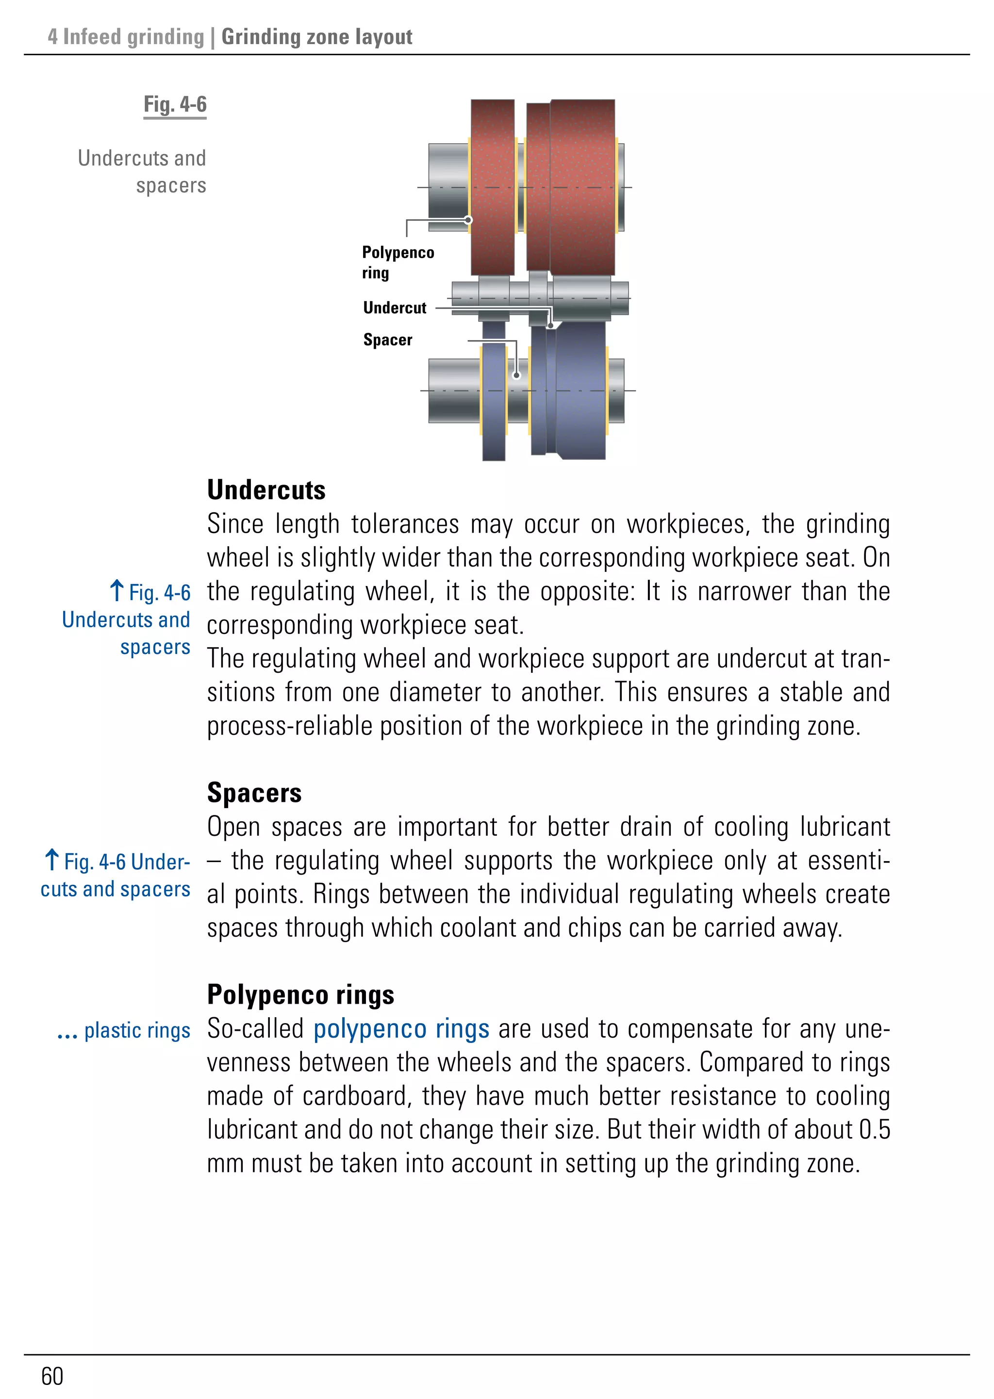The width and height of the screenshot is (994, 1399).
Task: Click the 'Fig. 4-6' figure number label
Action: pos(175,105)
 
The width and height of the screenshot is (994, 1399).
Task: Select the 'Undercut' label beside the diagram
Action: pos(394,308)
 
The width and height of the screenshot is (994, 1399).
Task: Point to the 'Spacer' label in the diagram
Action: pos(387,340)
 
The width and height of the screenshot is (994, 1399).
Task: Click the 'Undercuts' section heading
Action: pos(266,490)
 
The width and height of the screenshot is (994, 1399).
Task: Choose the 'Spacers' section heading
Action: pos(254,793)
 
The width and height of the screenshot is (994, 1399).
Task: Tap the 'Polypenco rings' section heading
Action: pos(300,994)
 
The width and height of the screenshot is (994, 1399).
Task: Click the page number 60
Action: pos(52,1376)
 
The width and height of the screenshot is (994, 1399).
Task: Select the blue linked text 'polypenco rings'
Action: pos(401,1029)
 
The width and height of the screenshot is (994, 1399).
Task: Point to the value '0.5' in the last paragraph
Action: pos(874,1130)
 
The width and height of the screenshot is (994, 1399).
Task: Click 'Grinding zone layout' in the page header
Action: pos(316,37)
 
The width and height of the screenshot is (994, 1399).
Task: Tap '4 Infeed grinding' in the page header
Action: pos(126,37)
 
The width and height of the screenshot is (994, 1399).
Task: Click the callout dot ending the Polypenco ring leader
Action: pos(468,220)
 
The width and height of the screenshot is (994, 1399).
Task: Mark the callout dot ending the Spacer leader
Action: pos(516,375)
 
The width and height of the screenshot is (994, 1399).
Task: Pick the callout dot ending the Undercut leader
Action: pos(550,325)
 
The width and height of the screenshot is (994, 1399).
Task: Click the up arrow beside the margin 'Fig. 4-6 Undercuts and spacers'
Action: pos(117,590)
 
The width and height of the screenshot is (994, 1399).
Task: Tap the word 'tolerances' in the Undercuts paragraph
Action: pos(405,524)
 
